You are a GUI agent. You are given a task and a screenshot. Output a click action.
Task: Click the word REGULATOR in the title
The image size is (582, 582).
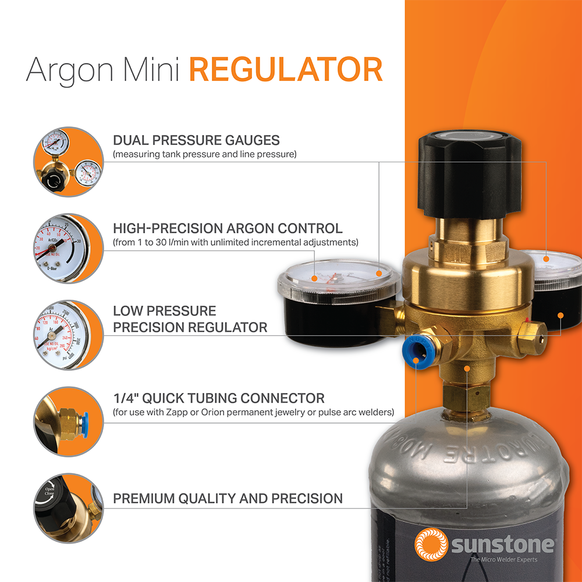286,70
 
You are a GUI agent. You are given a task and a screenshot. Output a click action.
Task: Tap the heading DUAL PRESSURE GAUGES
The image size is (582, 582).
196,140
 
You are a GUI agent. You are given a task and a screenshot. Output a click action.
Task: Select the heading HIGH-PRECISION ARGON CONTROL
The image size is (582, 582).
228,228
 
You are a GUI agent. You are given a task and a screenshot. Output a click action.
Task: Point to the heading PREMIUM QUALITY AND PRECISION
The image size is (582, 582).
228,499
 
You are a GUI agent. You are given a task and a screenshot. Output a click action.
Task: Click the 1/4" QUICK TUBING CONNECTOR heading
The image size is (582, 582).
218,399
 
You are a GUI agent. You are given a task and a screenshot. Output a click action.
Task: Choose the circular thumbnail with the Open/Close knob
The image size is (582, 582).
67,508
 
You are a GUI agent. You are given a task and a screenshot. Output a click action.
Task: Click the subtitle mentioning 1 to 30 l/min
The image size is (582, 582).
235,242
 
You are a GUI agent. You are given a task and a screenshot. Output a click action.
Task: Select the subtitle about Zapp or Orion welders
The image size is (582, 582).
253,413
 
